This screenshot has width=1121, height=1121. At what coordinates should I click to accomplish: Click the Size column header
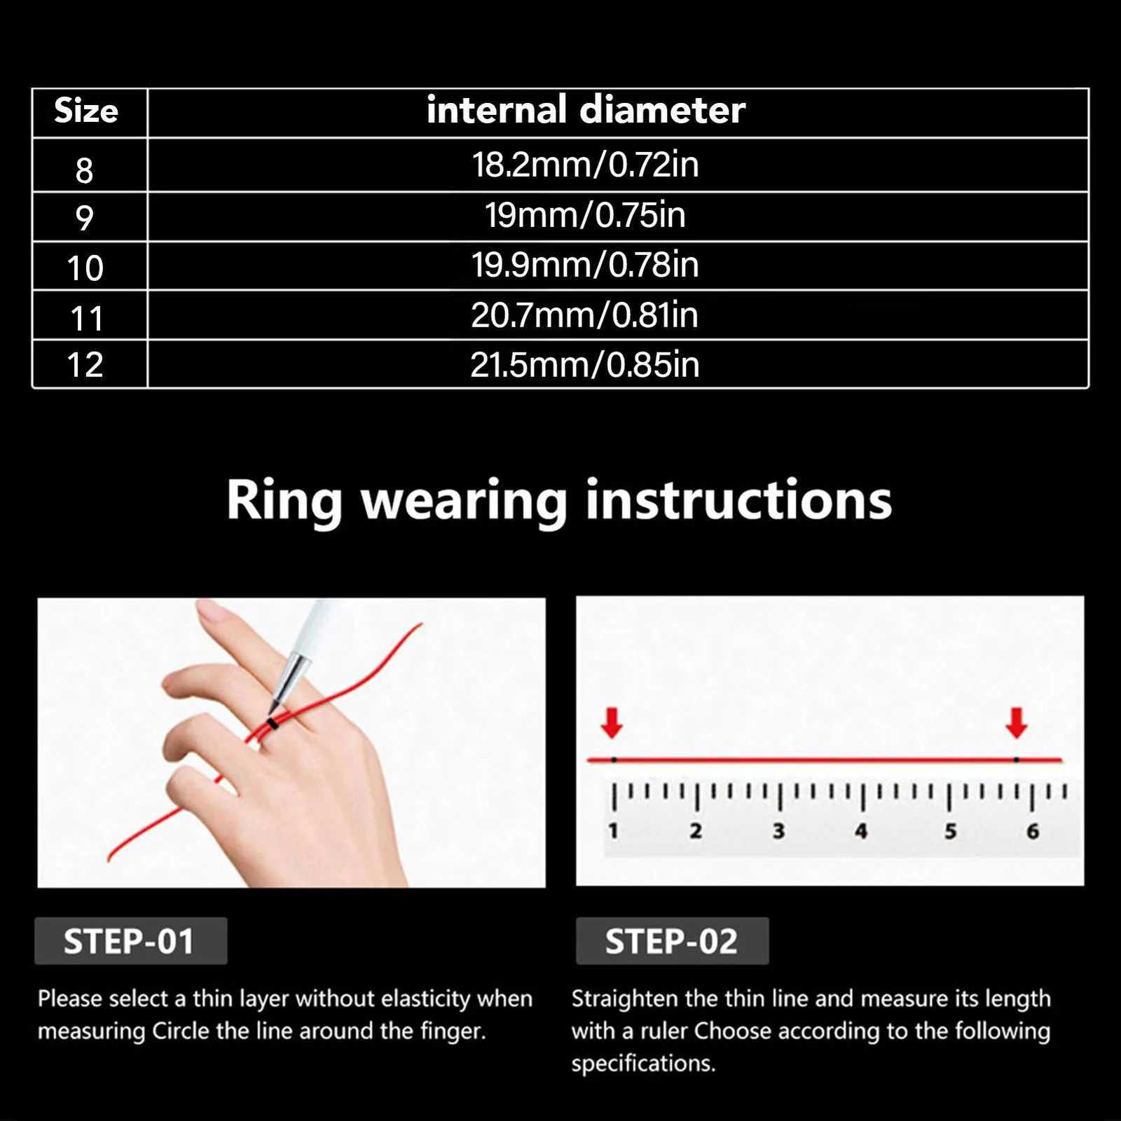pyautogui.click(x=86, y=111)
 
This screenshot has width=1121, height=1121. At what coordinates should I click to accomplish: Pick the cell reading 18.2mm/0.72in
pyautogui.click(x=585, y=165)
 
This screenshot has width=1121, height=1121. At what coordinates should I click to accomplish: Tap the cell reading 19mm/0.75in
pyautogui.click(x=585, y=215)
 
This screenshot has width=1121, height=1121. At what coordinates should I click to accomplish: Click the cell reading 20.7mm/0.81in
pyautogui.click(x=585, y=315)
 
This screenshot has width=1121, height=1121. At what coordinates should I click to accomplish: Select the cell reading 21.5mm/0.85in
pyautogui.click(x=585, y=365)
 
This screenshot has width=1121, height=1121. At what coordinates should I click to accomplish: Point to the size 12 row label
pyautogui.click(x=85, y=365)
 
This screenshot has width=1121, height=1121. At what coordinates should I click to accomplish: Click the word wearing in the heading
pyautogui.click(x=463, y=502)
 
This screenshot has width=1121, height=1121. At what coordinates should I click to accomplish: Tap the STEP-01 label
pyautogui.click(x=129, y=941)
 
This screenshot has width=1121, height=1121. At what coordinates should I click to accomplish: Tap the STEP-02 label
pyautogui.click(x=671, y=941)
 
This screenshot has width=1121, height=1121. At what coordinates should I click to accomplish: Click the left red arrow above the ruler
pyautogui.click(x=612, y=722)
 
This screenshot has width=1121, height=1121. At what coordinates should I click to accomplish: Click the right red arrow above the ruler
pyautogui.click(x=1016, y=722)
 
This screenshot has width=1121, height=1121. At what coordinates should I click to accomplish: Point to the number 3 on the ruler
pyautogui.click(x=778, y=831)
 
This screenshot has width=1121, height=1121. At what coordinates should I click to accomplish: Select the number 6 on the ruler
pyautogui.click(x=1033, y=831)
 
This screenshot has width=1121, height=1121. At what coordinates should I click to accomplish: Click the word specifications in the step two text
pyautogui.click(x=642, y=1064)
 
